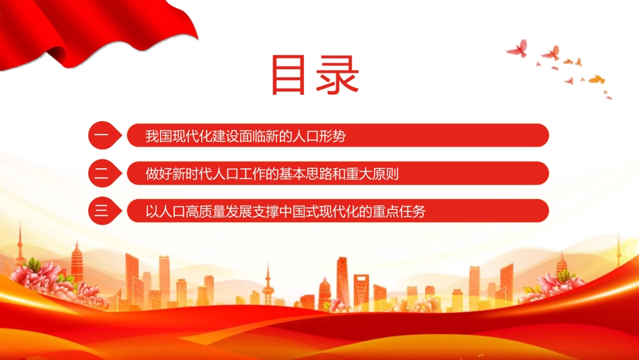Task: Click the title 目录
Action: click(x=315, y=75)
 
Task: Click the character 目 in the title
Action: click(x=288, y=75)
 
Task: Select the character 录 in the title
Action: click(x=338, y=75)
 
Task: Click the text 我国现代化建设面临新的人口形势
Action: click(x=246, y=136)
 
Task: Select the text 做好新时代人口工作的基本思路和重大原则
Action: click(x=272, y=174)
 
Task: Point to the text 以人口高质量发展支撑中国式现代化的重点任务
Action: click(x=286, y=211)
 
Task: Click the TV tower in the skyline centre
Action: click(x=268, y=285)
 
